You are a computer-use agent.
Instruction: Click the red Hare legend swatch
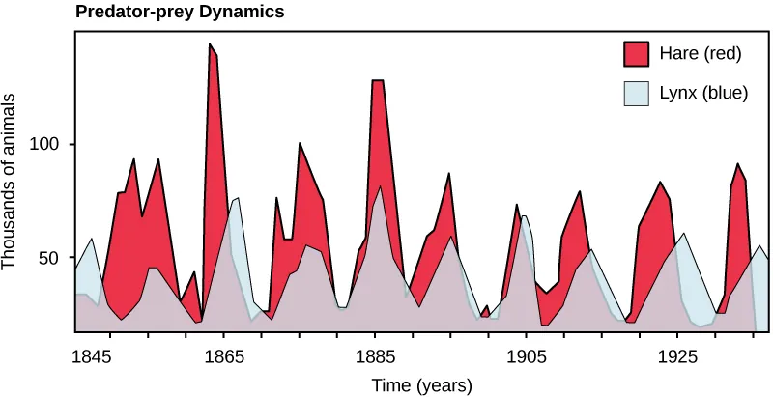[x=636, y=53]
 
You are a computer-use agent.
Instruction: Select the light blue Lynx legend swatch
[x=636, y=93]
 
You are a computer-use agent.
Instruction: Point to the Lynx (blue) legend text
[x=702, y=93]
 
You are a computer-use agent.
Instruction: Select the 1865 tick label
[x=223, y=356]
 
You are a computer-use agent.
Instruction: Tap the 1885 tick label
[x=374, y=356]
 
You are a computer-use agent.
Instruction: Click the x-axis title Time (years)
[x=422, y=385]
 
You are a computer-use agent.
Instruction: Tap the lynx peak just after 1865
[x=237, y=199]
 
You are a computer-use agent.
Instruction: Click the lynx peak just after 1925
[x=684, y=234]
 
